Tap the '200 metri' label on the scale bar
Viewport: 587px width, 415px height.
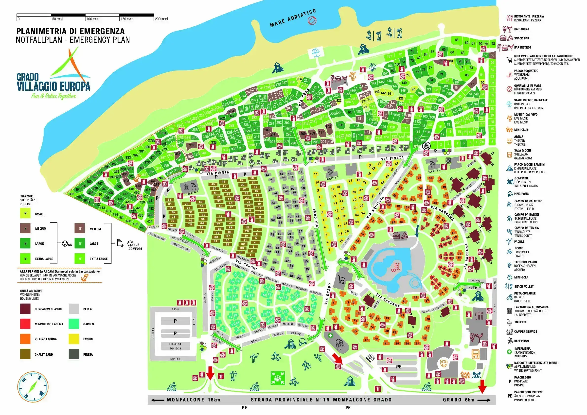pos(161,19)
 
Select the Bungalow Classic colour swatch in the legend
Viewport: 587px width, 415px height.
pos(25,309)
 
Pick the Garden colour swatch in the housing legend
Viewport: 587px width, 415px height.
pos(74,324)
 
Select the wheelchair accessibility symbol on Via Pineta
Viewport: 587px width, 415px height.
pos(426,146)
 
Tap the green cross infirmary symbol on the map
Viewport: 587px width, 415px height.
pos(331,335)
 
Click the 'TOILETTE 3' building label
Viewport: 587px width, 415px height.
pos(192,192)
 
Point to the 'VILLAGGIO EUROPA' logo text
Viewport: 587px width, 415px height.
pos(53,86)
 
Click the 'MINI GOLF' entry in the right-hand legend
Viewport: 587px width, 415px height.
pos(521,277)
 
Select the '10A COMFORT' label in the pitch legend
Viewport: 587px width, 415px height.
pos(135,247)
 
